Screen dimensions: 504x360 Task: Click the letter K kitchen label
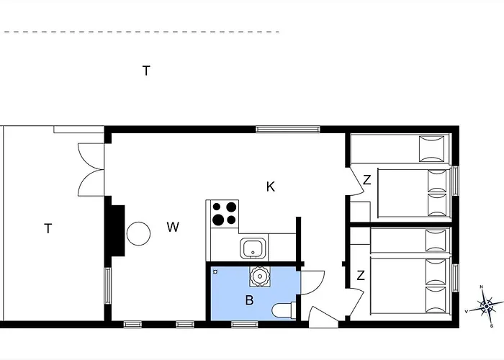(271, 186)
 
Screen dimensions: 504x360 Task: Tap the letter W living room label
(173, 228)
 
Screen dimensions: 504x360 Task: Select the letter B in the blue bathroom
(249, 300)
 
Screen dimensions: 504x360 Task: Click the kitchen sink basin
(254, 249)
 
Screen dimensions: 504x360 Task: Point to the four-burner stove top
(225, 213)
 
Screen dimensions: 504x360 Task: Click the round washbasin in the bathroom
(260, 276)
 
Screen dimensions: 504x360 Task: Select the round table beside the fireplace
(138, 234)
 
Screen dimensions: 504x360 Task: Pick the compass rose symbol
(486, 306)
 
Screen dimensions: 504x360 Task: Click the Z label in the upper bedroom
(367, 180)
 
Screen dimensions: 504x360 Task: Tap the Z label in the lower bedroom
(361, 276)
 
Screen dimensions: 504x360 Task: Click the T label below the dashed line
(146, 71)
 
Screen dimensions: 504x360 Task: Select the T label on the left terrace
(48, 228)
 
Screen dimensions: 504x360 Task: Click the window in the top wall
(288, 129)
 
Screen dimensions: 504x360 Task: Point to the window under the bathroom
(245, 324)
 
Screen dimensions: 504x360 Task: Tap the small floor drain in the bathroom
(215, 272)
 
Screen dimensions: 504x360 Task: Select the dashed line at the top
(141, 32)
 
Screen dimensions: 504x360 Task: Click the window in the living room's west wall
(108, 286)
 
